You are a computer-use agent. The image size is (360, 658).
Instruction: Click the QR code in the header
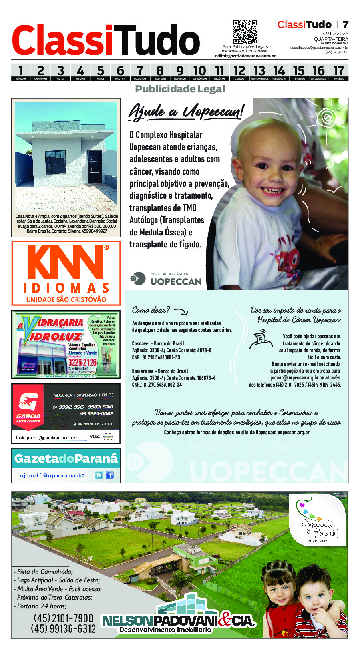click(x=245, y=32)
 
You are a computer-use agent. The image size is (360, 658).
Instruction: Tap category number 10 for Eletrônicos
click(x=199, y=72)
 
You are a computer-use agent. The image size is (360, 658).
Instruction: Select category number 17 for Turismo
click(x=339, y=72)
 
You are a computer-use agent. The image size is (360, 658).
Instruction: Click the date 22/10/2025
click(x=335, y=33)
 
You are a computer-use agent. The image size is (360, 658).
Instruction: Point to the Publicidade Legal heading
click(x=180, y=89)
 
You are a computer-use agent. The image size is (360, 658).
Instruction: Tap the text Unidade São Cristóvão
click(x=66, y=299)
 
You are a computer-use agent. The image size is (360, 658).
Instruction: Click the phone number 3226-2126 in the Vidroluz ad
click(x=82, y=362)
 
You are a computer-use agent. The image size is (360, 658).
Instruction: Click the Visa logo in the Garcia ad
click(x=95, y=437)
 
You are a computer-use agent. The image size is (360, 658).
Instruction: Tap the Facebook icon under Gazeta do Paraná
click(x=109, y=475)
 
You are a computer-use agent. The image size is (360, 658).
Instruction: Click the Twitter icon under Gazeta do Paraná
click(x=99, y=475)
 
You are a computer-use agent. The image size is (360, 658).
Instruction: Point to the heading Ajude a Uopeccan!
click(x=186, y=112)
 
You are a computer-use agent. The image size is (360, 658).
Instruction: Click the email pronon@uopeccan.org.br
click(x=294, y=377)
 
